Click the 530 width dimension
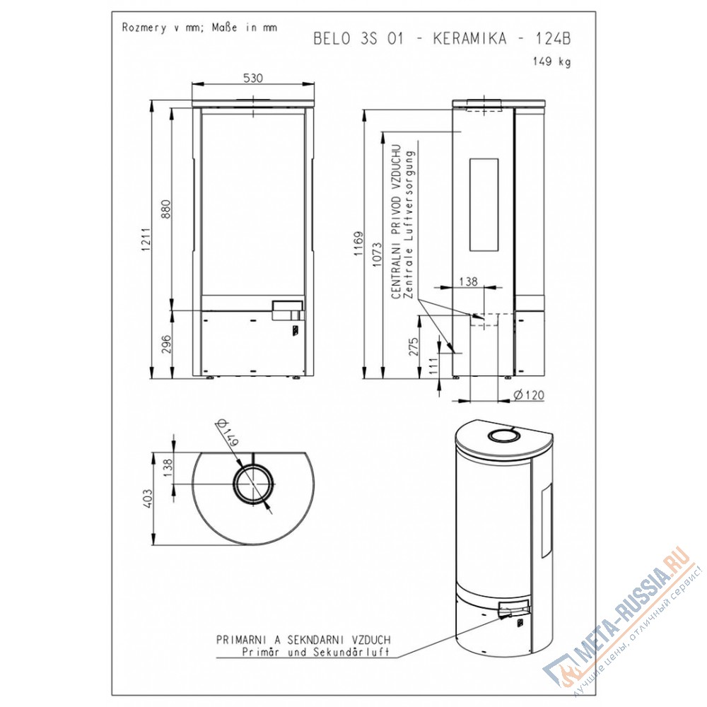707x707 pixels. pyautogui.click(x=253, y=78)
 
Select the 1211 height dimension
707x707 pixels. pyautogui.click(x=145, y=240)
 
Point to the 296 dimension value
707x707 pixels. pyautogui.click(x=166, y=344)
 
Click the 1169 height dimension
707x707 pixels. pyautogui.click(x=358, y=243)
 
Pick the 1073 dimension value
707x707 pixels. pyautogui.click(x=378, y=255)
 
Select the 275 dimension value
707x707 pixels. pyautogui.click(x=414, y=346)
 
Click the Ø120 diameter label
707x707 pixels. pyautogui.click(x=529, y=395)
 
